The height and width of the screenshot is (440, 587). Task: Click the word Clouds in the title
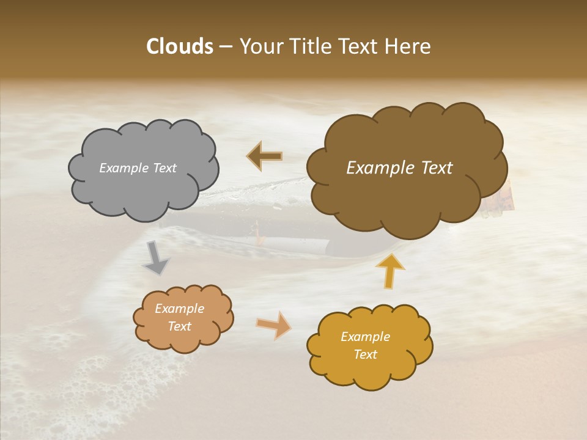(x=180, y=46)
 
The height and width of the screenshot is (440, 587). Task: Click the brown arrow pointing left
(x=264, y=156)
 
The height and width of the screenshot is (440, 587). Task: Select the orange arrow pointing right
(x=274, y=324)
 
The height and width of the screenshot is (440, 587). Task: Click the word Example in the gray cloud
(x=123, y=168)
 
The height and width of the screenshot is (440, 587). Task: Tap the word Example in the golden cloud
(x=365, y=337)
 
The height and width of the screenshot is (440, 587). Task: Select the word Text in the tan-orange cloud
(x=179, y=326)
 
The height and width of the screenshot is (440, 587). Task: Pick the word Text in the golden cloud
(x=365, y=354)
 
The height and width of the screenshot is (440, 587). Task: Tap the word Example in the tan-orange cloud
(x=179, y=309)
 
